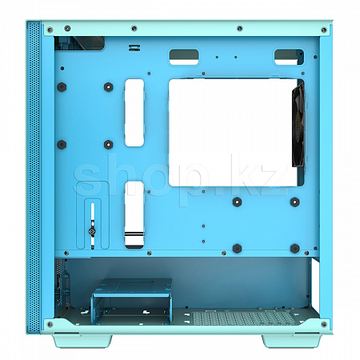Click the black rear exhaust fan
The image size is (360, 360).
298,125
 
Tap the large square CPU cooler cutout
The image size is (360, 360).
234,132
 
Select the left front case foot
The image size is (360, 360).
82,341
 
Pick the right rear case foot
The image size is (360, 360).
292,341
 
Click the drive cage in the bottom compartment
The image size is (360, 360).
132,301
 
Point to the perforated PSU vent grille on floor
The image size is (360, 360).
244,318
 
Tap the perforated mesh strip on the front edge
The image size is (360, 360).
34,178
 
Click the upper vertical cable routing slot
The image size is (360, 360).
134,113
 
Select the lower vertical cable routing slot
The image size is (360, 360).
134,214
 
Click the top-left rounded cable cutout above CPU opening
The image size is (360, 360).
184,57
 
